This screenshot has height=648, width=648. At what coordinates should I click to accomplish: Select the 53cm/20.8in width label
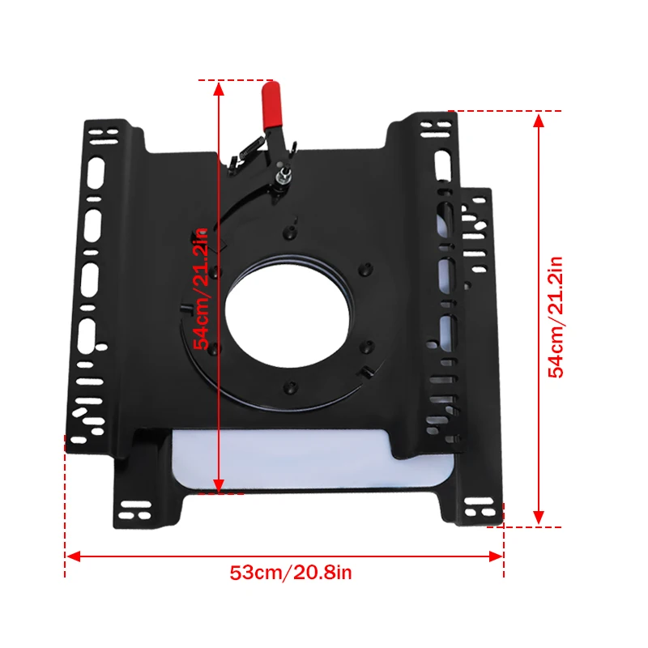tap(291, 573)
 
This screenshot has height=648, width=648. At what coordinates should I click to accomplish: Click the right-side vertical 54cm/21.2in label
tap(556, 317)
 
